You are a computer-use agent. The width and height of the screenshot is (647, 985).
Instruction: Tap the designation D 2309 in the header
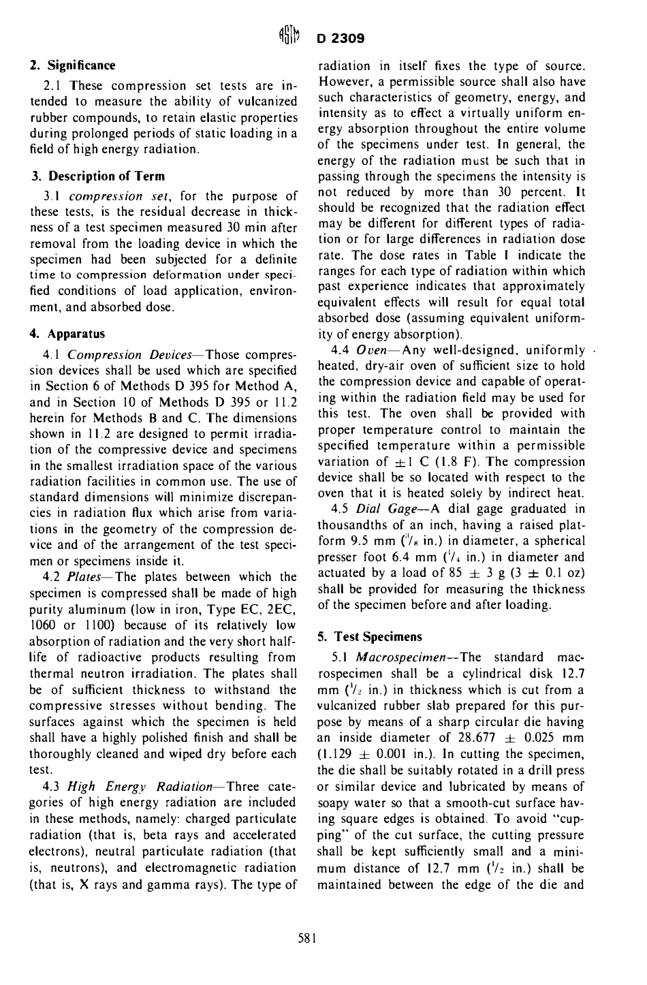[341, 38]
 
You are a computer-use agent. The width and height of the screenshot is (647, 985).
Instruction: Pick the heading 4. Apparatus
[67, 334]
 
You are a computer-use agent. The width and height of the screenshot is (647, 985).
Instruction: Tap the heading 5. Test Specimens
[370, 636]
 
